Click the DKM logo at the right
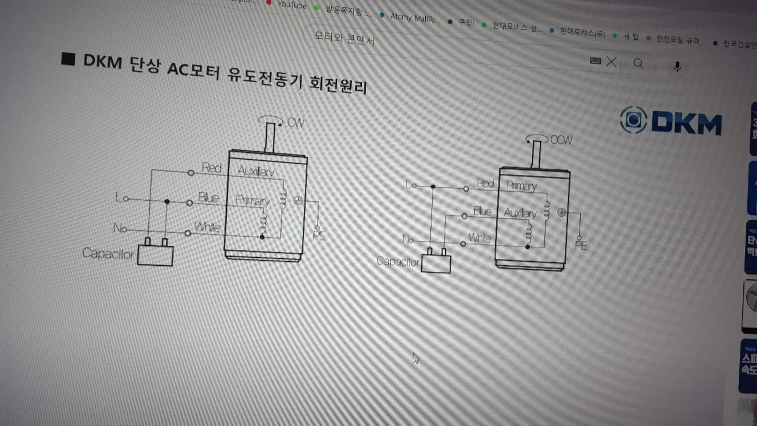point(670,121)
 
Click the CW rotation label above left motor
point(295,123)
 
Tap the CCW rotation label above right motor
point(561,140)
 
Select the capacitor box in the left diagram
point(155,255)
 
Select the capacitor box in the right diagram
point(436,263)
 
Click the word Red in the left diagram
point(211,168)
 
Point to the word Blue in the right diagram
point(482,212)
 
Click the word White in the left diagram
point(207,227)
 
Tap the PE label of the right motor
point(581,246)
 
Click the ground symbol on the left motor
point(297,200)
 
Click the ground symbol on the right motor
point(561,213)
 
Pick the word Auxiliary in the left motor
point(255,172)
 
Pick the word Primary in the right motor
point(521,186)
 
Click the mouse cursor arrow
point(416,358)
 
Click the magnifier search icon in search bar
point(638,63)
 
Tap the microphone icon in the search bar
point(677,66)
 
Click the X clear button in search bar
point(611,62)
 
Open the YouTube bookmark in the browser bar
point(291,5)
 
